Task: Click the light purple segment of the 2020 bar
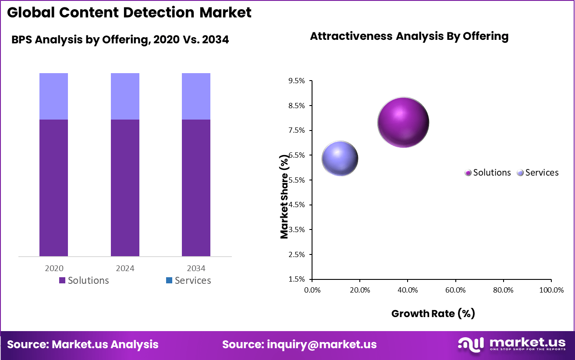click(53, 96)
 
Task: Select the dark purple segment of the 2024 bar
click(125, 187)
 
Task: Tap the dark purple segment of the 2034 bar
click(196, 187)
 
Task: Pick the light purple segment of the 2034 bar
click(196, 96)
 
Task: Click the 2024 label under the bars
click(125, 268)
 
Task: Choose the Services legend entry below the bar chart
click(188, 280)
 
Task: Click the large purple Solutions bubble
click(403, 123)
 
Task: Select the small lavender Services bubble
click(340, 159)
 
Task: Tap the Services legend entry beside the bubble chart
click(538, 173)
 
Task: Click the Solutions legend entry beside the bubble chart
click(488, 173)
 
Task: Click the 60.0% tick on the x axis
click(455, 290)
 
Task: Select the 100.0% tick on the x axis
click(551, 290)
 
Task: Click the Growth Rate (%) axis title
click(433, 313)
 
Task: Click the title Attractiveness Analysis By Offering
click(409, 36)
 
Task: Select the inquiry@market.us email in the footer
click(299, 344)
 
